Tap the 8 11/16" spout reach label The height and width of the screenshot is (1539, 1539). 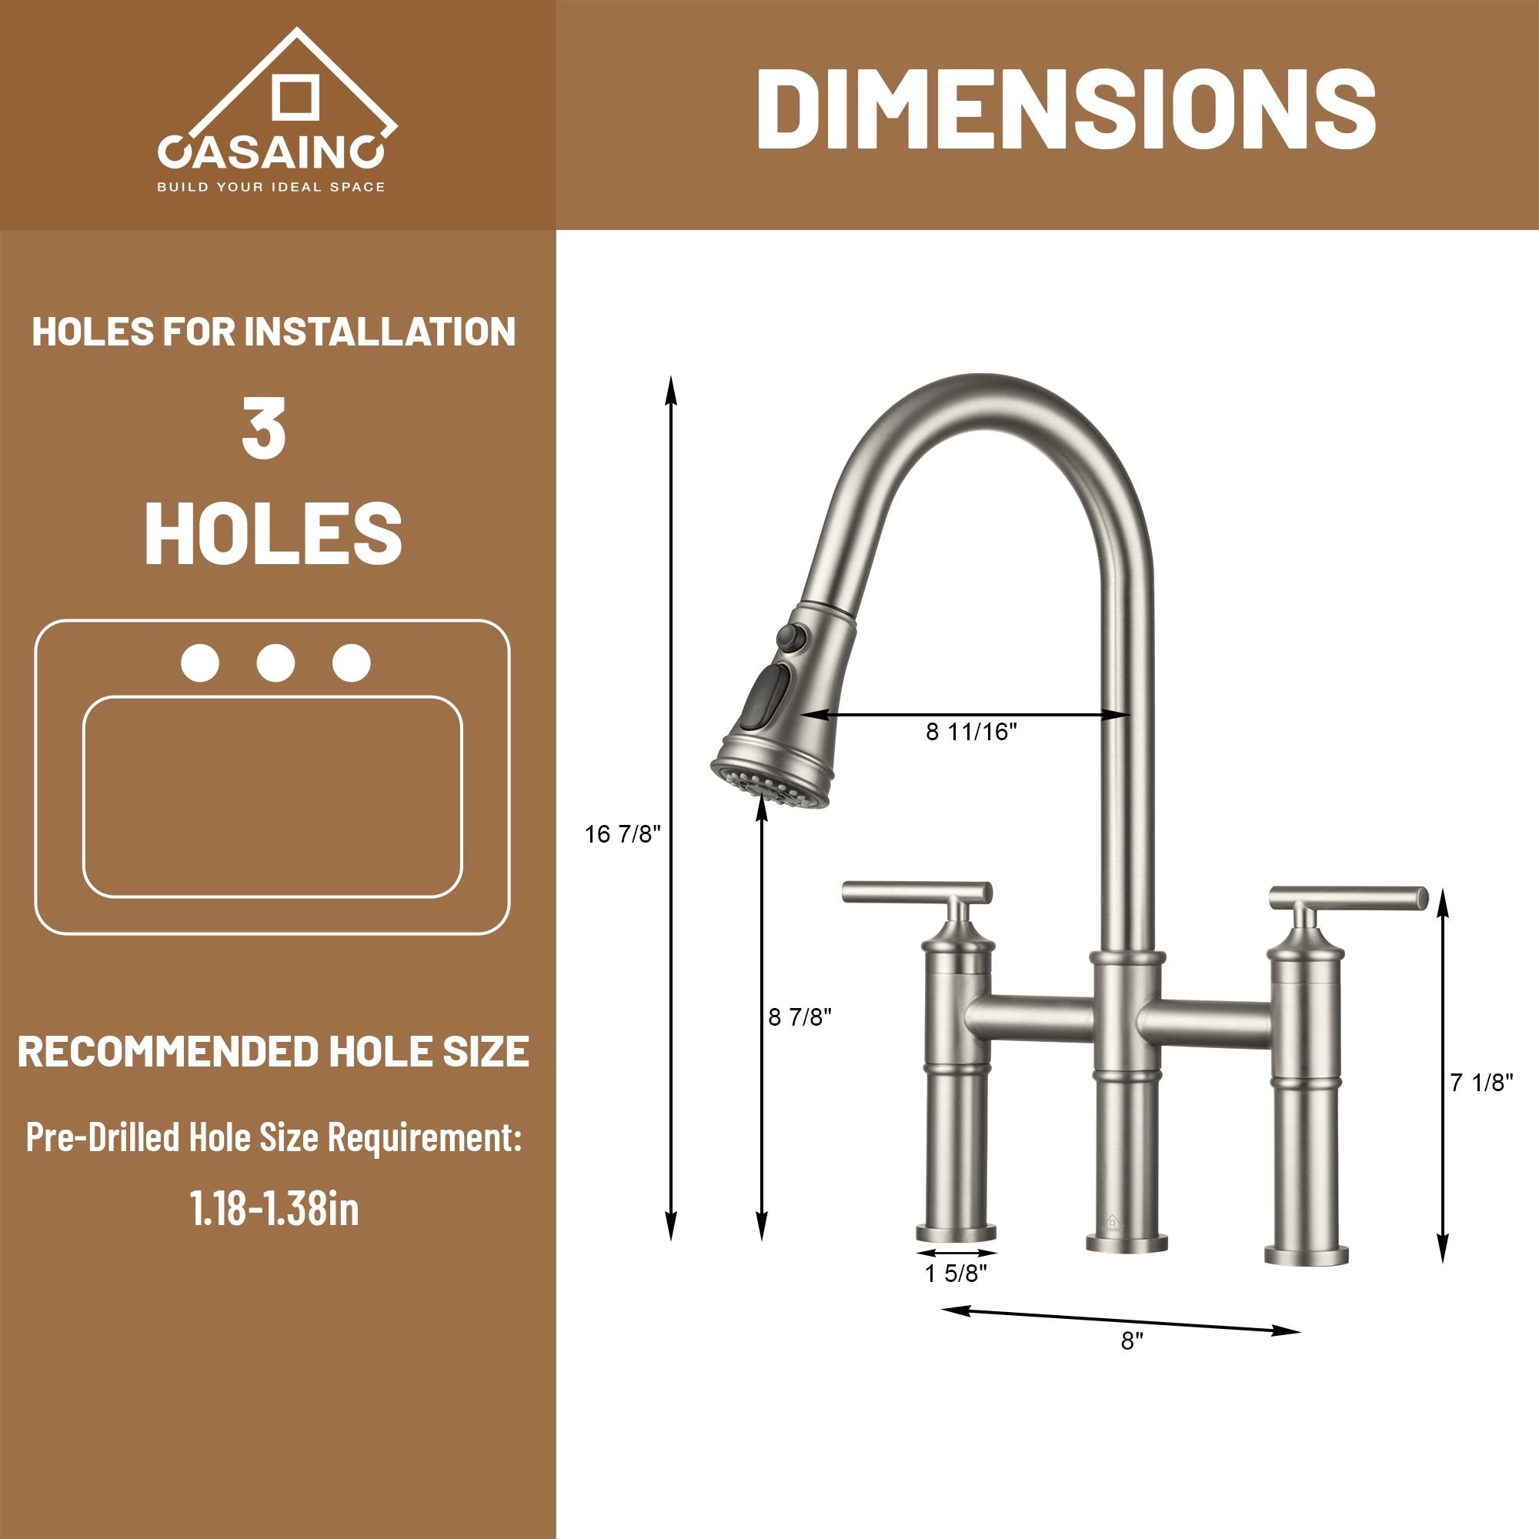point(971,731)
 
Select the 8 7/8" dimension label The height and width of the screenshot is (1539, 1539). point(800,1017)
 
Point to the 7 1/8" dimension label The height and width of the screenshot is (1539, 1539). point(1481,1082)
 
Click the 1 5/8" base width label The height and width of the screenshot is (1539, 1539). point(955,1274)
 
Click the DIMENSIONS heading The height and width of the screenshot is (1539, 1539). point(1066,109)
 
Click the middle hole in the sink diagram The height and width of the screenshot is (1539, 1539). point(275,663)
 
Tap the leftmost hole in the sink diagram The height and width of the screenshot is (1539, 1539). point(200,663)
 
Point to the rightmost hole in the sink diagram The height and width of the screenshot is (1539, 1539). point(352,663)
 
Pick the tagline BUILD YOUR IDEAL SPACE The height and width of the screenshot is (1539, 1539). point(271,187)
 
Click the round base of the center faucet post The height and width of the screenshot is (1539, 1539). point(1127,1242)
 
